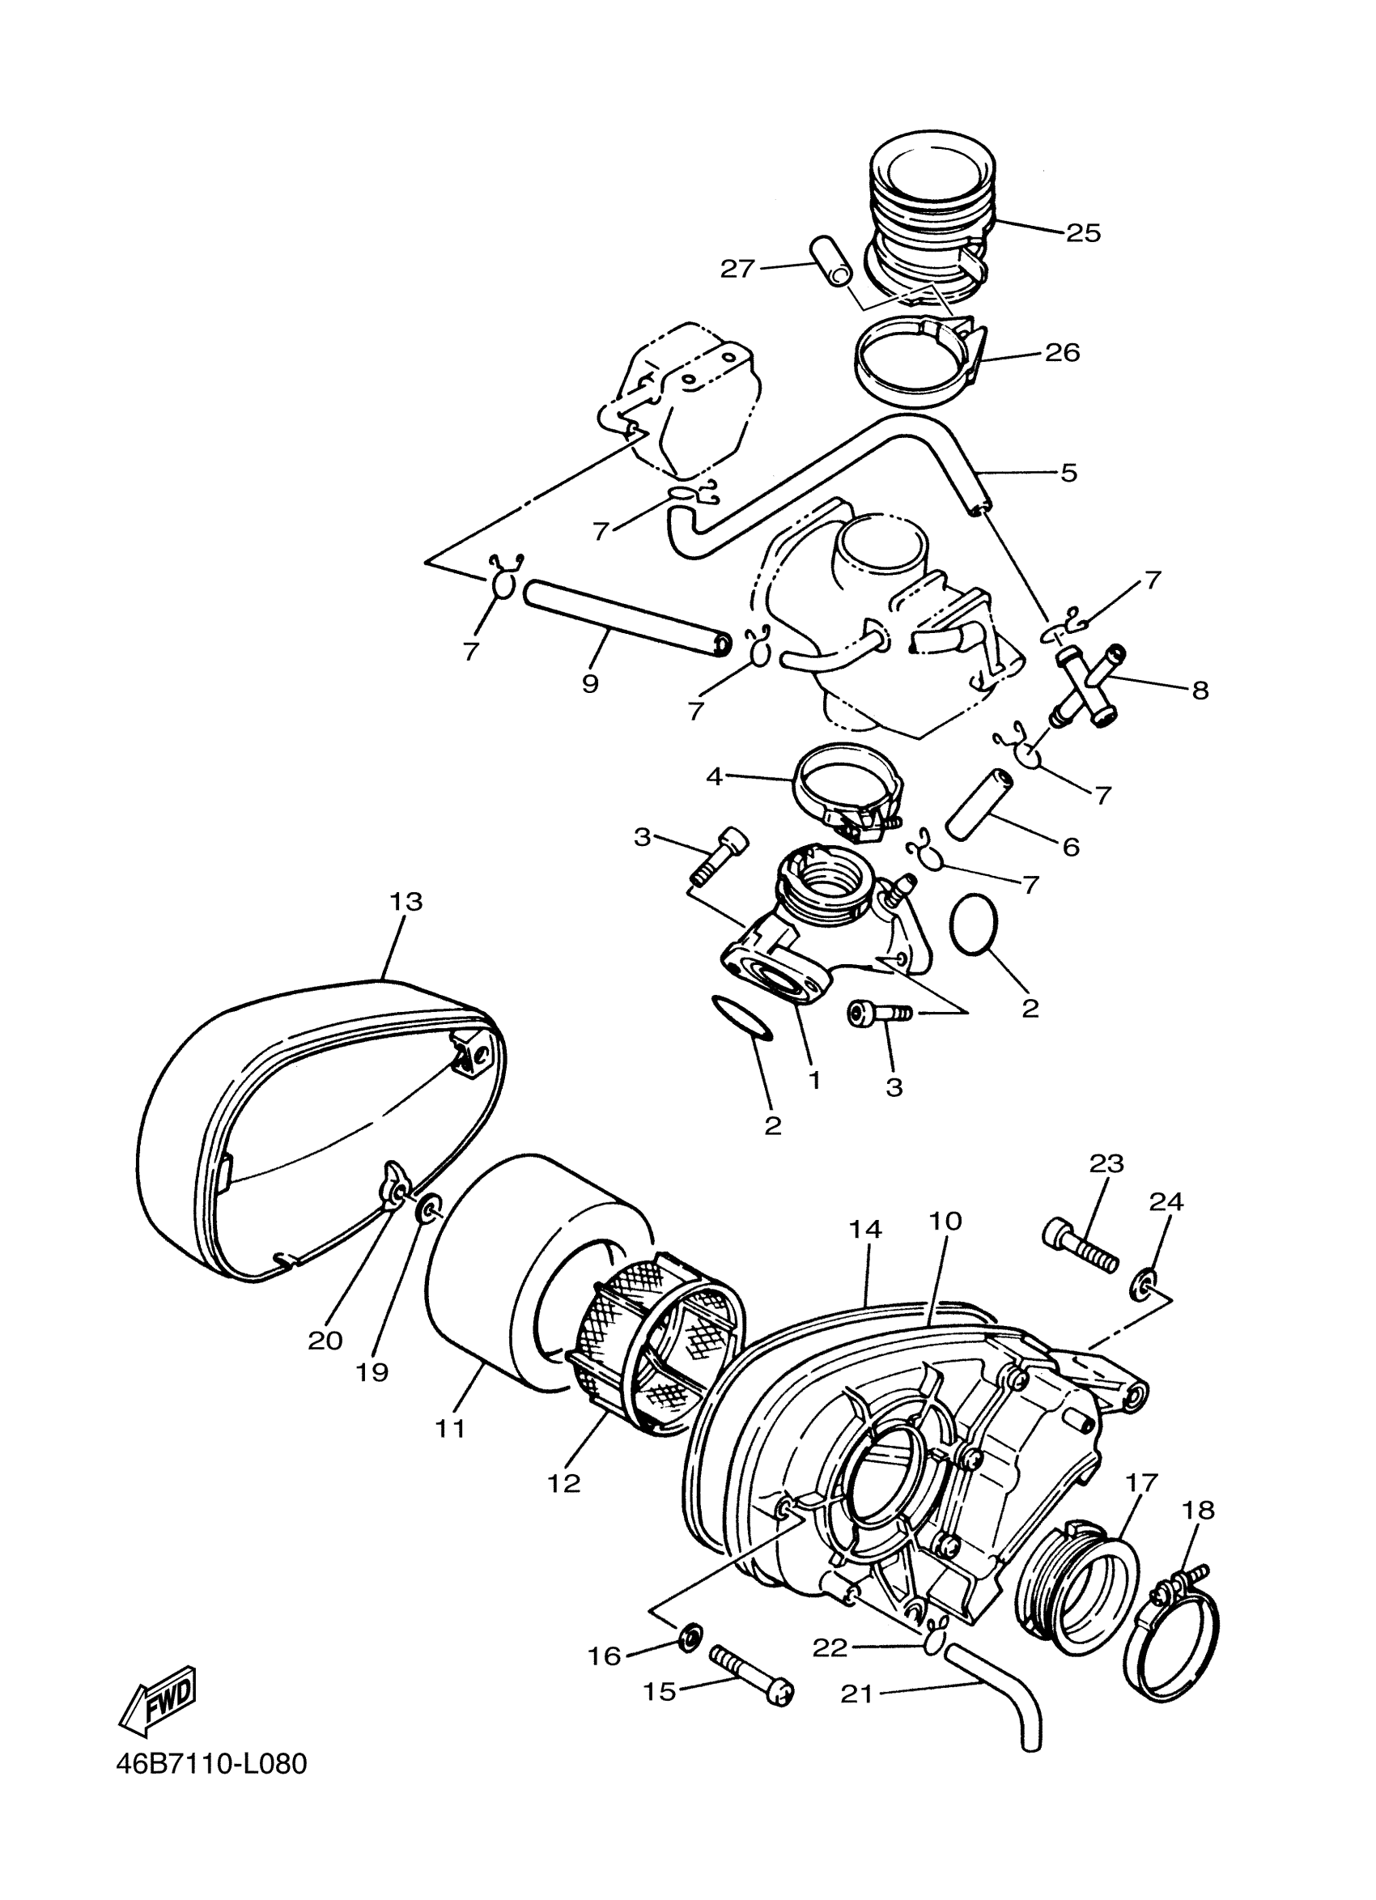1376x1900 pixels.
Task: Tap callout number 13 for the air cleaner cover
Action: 406,903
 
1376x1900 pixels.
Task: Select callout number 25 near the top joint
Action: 1083,233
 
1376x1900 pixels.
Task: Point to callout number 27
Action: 738,269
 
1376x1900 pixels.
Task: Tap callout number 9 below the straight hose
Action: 590,683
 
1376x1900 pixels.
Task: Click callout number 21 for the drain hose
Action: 856,1693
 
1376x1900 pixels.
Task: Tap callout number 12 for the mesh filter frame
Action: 563,1483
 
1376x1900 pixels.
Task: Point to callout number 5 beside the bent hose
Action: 1068,473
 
